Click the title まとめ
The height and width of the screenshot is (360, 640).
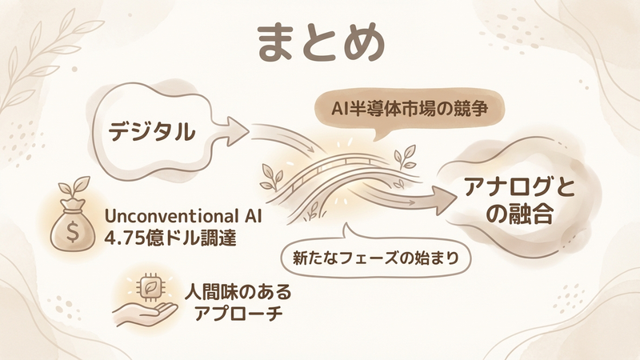point(322,43)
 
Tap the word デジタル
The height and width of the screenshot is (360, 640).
point(152,132)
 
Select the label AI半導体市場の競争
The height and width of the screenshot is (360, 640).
point(410,109)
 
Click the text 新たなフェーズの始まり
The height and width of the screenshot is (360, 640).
point(375,258)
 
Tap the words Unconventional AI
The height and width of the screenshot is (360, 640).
point(183,216)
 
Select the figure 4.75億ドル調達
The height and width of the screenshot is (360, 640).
point(170,238)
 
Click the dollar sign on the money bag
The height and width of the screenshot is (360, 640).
point(72,232)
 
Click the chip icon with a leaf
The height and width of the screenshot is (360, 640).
point(147,288)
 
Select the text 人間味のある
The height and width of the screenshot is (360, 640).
point(238,292)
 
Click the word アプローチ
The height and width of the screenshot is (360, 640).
point(238,314)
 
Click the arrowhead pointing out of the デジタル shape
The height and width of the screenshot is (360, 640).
point(237,131)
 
